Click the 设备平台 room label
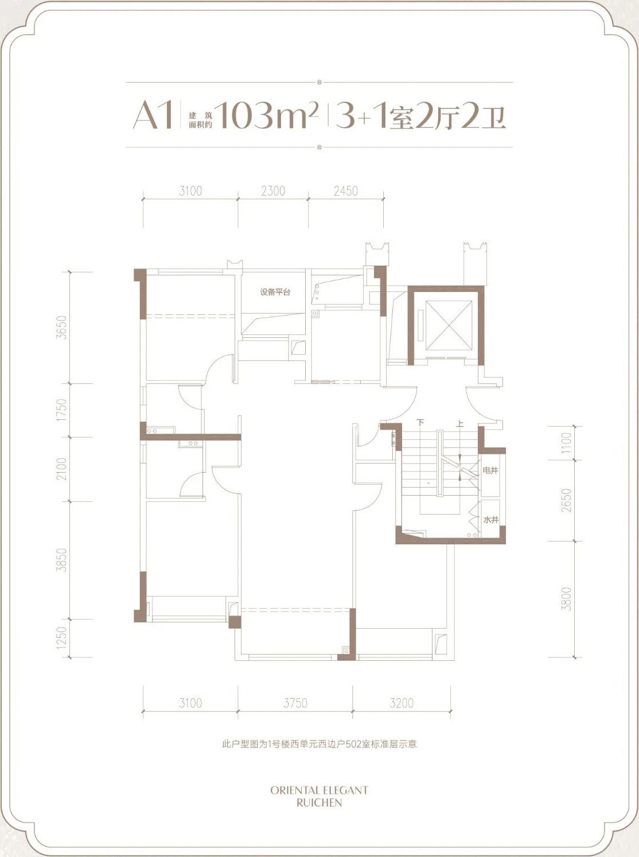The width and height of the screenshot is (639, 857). [275, 292]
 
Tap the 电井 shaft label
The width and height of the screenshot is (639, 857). [490, 470]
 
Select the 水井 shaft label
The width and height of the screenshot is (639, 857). [490, 520]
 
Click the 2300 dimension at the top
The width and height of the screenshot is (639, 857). [273, 191]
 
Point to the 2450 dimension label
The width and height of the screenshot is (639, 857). [346, 191]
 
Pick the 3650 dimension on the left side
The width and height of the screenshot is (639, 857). [62, 327]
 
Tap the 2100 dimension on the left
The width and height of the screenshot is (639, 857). [62, 469]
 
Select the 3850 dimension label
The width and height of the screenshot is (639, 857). [62, 560]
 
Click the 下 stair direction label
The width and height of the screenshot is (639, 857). [420, 422]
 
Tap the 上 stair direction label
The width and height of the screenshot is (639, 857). [461, 422]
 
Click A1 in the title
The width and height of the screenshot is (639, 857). [153, 115]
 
